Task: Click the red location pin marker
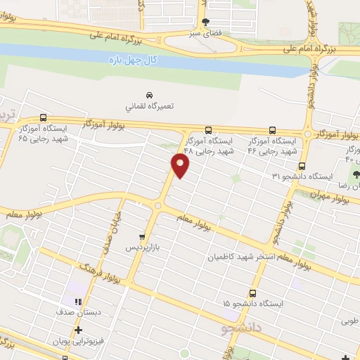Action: [181, 166]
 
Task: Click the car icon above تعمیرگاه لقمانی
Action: [149, 94]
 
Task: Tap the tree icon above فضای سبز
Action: [205, 22]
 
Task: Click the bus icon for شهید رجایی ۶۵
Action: [44, 118]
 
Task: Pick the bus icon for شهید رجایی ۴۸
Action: [208, 130]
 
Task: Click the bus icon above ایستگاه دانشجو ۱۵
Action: [252, 292]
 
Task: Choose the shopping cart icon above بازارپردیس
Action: [142, 238]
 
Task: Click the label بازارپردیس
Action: [143, 248]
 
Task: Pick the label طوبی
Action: [348, 322]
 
